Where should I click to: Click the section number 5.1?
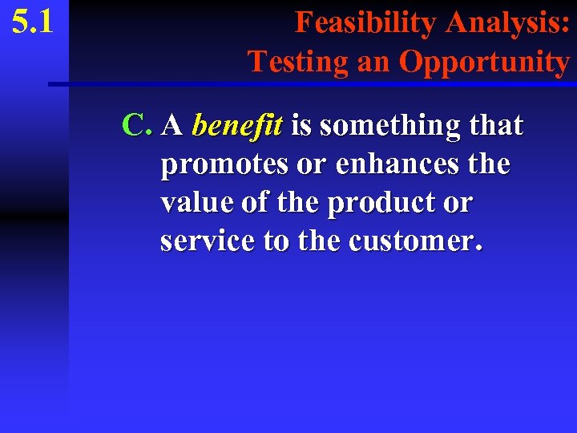click(33, 22)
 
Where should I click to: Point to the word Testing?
click(297, 61)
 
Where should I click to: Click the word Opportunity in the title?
click(484, 61)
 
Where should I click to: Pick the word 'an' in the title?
click(372, 61)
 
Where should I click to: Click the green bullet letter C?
click(136, 125)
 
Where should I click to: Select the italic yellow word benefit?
click(238, 125)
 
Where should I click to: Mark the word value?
click(192, 203)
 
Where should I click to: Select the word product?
click(379, 203)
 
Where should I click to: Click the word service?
click(207, 241)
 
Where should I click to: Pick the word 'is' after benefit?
click(301, 125)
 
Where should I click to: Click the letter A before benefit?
click(171, 125)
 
